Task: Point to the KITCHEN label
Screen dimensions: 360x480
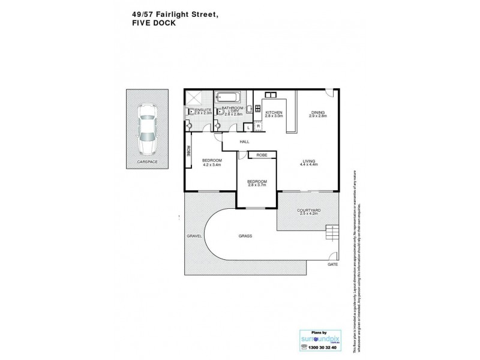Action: pos(274,112)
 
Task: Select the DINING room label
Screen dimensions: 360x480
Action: pos(318,112)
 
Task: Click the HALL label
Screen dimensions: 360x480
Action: pos(244,142)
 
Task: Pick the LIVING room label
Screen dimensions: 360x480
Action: pos(310,160)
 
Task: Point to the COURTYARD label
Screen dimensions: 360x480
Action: pos(309,210)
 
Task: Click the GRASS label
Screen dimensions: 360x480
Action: pos(244,236)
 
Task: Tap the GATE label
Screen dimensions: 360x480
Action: pos(332,264)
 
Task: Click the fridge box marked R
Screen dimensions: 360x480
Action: pos(259,127)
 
